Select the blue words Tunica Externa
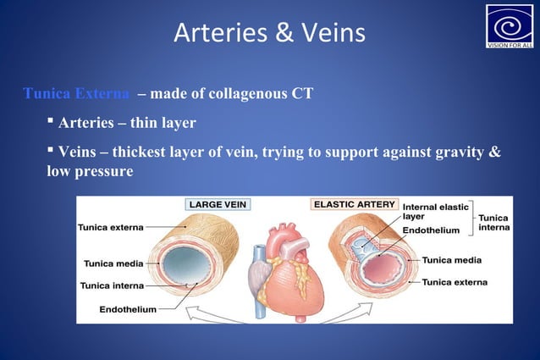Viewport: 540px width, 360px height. pyautogui.click(x=77, y=93)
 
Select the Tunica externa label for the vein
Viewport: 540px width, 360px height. pyautogui.click(x=111, y=227)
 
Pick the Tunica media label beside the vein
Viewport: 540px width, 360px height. pyautogui.click(x=113, y=263)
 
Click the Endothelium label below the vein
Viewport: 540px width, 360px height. pyautogui.click(x=128, y=310)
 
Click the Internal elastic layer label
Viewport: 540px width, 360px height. pyautogui.click(x=436, y=212)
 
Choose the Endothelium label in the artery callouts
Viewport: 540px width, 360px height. pyautogui.click(x=431, y=230)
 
